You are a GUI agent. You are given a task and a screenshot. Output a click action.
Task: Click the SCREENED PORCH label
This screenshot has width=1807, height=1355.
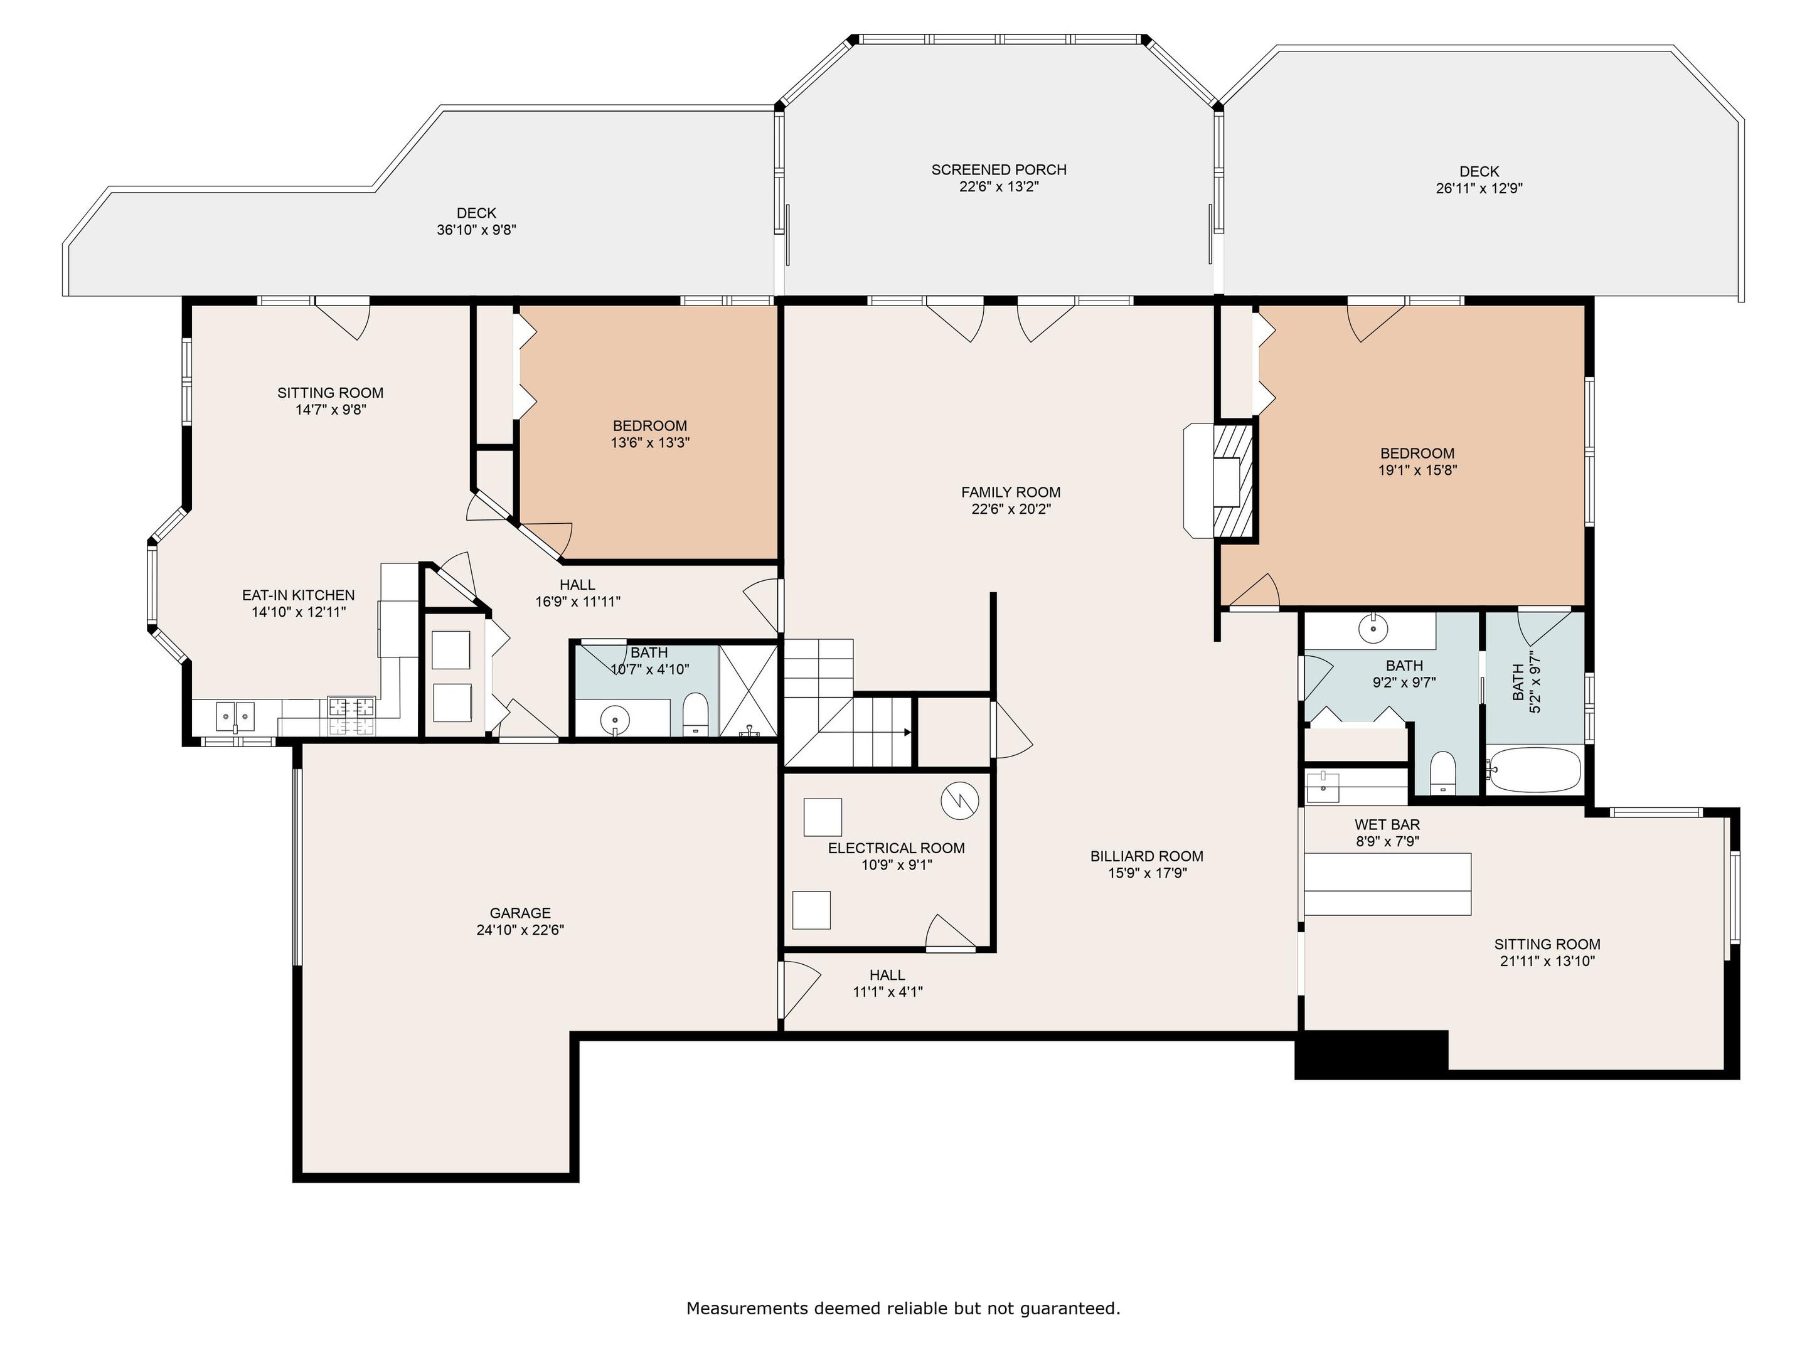(x=998, y=170)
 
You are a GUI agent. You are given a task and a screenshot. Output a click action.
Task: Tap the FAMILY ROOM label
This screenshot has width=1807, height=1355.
(x=1011, y=492)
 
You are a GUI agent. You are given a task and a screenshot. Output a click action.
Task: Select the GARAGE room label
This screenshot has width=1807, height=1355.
(x=520, y=913)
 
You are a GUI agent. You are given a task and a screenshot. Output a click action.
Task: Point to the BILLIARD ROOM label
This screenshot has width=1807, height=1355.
(x=1146, y=856)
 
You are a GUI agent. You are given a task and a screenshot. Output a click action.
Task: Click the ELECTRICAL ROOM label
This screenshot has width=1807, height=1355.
(x=896, y=848)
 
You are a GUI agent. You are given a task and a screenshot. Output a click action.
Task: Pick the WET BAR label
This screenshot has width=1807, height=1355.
(x=1387, y=824)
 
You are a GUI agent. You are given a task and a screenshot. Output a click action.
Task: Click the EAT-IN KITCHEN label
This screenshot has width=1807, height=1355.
(x=298, y=595)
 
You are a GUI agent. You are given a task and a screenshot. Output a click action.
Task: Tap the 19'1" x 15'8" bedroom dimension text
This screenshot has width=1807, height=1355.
(x=1417, y=470)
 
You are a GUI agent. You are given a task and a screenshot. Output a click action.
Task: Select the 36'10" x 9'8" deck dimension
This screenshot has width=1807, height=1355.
(x=476, y=230)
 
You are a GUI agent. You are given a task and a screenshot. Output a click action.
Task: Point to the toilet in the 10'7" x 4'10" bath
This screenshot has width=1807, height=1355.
(x=695, y=714)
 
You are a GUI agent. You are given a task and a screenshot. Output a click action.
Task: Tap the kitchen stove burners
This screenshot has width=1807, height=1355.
(x=352, y=716)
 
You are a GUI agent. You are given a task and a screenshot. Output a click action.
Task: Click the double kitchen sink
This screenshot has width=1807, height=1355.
(x=235, y=717)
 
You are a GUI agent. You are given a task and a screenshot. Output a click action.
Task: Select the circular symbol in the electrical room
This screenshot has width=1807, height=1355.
(x=960, y=800)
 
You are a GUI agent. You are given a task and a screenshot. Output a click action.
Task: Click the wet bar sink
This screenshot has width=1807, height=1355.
(x=1323, y=787)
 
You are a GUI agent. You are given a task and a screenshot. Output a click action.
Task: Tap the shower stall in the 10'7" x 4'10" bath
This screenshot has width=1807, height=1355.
(x=747, y=690)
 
